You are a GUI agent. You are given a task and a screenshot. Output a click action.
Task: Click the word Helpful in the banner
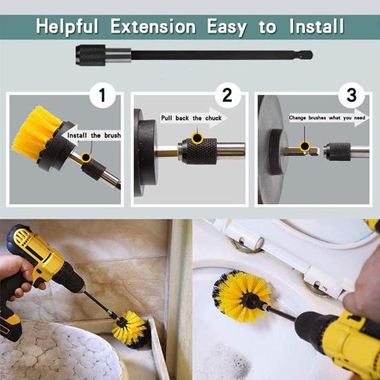[x=67, y=26]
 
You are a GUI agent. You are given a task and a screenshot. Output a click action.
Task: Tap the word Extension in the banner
[x=153, y=26]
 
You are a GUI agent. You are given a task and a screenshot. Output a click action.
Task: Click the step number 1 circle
[x=103, y=95]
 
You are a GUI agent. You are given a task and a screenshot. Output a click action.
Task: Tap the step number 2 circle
[x=228, y=95]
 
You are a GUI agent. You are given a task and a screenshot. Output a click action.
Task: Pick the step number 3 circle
[x=352, y=95]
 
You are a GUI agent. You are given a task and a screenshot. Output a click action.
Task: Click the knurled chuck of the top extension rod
[x=90, y=55]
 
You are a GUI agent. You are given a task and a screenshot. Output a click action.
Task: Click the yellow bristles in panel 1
[x=34, y=132]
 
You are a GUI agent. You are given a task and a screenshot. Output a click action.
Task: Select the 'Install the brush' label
[x=94, y=135]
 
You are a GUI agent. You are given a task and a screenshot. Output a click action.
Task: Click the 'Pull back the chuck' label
[x=192, y=118]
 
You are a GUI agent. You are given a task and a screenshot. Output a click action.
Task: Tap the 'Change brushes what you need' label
[x=327, y=118]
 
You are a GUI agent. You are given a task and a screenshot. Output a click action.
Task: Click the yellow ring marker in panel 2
[x=197, y=138]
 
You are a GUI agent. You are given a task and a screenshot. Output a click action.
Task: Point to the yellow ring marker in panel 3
[x=305, y=146]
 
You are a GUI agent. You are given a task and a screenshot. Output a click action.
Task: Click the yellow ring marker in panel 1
[x=86, y=157]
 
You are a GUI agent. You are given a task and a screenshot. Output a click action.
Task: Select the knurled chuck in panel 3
[x=337, y=152]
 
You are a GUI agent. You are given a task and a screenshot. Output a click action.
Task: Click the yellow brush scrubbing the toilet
[x=242, y=296]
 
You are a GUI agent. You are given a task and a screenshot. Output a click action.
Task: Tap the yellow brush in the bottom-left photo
[x=130, y=328]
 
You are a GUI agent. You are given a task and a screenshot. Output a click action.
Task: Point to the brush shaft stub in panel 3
[x=301, y=152]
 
